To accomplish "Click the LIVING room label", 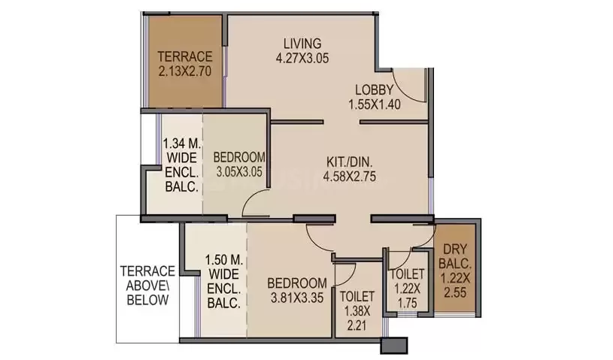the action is coord(302,43).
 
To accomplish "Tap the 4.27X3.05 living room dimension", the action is coord(302,58).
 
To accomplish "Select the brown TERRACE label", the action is coord(185,56).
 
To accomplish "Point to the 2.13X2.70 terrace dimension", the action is coord(185,71).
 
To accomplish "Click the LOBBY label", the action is coord(374,89).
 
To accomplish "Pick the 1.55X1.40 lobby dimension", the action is coord(374,104).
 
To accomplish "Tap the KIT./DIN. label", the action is coord(350,162).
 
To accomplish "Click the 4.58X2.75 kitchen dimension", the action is coord(350,177).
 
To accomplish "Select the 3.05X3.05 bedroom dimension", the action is coord(239,172).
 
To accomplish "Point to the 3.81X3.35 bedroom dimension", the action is coord(297,298).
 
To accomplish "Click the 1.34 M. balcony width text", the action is coord(182,144).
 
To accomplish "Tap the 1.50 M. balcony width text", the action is coord(224,260).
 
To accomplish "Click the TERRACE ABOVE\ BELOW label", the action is coord(147,286).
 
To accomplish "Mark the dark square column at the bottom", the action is coord(394,346).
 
